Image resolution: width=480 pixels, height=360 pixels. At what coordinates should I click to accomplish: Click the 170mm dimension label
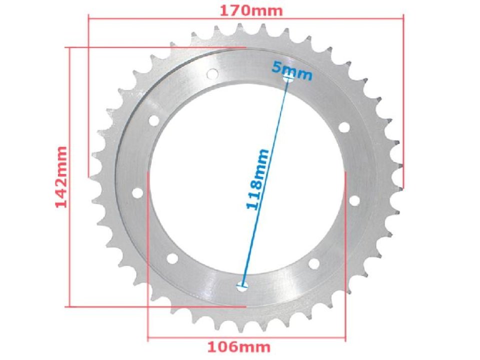[245, 9]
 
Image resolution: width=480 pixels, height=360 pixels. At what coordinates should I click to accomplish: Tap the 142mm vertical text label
[61, 177]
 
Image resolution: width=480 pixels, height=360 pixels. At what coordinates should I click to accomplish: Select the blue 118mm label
[258, 179]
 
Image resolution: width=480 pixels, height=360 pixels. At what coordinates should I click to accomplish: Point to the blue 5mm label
[292, 71]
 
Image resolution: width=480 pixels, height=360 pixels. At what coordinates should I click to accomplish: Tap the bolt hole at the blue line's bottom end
[242, 286]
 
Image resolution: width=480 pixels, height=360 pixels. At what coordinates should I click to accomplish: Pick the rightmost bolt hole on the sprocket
[354, 200]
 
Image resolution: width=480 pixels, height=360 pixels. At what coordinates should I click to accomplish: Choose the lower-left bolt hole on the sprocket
[172, 258]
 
